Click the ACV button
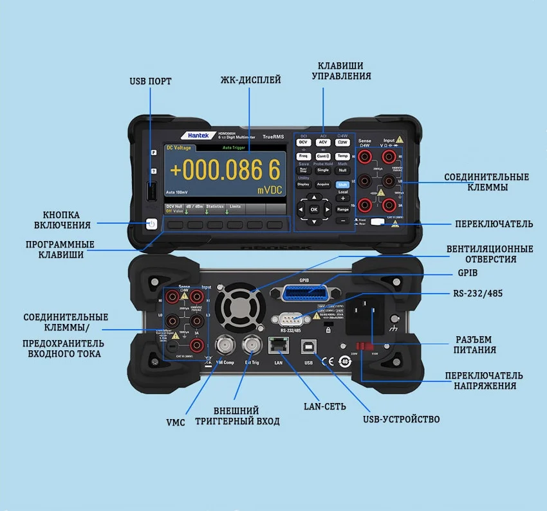pos(323,142)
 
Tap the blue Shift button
pos(342,184)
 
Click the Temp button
pos(342,156)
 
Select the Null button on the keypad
pos(342,170)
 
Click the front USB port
pos(151,192)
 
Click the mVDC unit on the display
pos(270,190)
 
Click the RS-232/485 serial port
pos(288,318)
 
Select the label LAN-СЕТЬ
pos(325,406)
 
